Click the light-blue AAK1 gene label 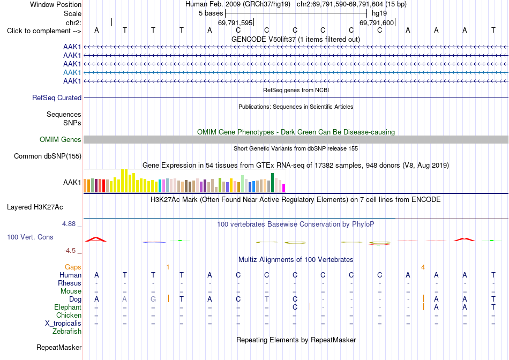click(72, 72)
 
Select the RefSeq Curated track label click(57, 97)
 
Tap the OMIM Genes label click(61, 140)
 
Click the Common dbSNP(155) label click(48, 156)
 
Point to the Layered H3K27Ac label click(35, 207)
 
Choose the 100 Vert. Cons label click(30, 237)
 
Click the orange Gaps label click(73, 267)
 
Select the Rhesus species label click(70, 283)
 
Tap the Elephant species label click(68, 307)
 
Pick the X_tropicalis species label click(63, 324)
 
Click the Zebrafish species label click(67, 332)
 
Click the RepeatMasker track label click(59, 347)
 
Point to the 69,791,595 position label click(235, 22)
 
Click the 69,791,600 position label click(377, 22)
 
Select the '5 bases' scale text click(211, 13)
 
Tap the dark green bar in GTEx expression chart click(273, 183)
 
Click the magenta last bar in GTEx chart click(284, 188)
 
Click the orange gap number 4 click(423, 267)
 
